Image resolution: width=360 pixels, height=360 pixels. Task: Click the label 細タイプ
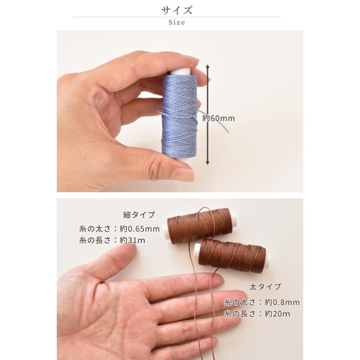pyautogui.click(x=138, y=215)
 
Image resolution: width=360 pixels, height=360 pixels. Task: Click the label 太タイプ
pyautogui.click(x=265, y=287)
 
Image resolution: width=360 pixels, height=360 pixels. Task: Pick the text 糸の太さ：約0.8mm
pyautogui.click(x=262, y=302)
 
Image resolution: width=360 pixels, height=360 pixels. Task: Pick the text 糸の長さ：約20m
pyautogui.click(x=257, y=314)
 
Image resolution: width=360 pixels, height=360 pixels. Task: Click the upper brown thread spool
pyautogui.click(x=199, y=226)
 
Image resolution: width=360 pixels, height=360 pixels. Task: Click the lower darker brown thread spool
pyautogui.click(x=231, y=254)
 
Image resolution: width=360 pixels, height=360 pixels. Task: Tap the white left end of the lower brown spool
pyautogui.click(x=196, y=253)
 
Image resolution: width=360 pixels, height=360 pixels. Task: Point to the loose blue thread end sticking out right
pyautogui.click(x=224, y=127)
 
